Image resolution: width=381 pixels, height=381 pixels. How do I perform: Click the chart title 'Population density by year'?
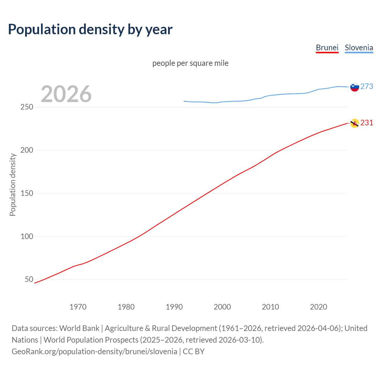pyautogui.click(x=90, y=29)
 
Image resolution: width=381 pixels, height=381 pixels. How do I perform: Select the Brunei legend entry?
pyautogui.click(x=327, y=48)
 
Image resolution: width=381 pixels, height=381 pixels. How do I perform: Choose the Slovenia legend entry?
pyautogui.click(x=359, y=48)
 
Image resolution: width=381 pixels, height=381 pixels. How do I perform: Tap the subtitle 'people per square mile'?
pyautogui.click(x=190, y=63)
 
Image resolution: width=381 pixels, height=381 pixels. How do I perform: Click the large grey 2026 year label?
pyautogui.click(x=66, y=94)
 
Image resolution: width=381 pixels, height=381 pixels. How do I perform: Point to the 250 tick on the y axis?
pyautogui.click(x=27, y=107)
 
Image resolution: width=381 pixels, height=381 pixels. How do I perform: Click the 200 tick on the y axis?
pyautogui.click(x=27, y=150)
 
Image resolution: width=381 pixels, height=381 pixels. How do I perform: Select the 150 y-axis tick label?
pyautogui.click(x=27, y=193)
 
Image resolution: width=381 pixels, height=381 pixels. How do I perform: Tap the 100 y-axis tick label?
pyautogui.click(x=27, y=236)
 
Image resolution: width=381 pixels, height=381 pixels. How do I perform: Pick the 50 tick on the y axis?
pyautogui.click(x=29, y=279)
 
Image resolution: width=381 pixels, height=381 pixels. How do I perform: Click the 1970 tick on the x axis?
pyautogui.click(x=78, y=307)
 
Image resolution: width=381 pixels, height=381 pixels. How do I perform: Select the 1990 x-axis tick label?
pyautogui.click(x=174, y=307)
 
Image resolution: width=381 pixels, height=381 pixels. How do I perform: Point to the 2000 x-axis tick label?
pyautogui.click(x=222, y=307)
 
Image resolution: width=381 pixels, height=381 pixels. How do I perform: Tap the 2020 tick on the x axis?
pyautogui.click(x=318, y=307)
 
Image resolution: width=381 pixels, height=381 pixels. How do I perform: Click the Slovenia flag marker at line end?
pyautogui.click(x=355, y=87)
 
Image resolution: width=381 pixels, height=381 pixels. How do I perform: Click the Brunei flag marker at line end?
pyautogui.click(x=355, y=123)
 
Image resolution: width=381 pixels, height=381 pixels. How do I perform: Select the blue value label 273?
pyautogui.click(x=367, y=86)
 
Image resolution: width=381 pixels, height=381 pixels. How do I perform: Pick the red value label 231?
pyautogui.click(x=367, y=123)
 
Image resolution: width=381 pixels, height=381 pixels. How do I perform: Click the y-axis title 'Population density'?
pyautogui.click(x=13, y=185)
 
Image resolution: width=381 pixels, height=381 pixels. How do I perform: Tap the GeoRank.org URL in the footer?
pyautogui.click(x=94, y=351)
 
